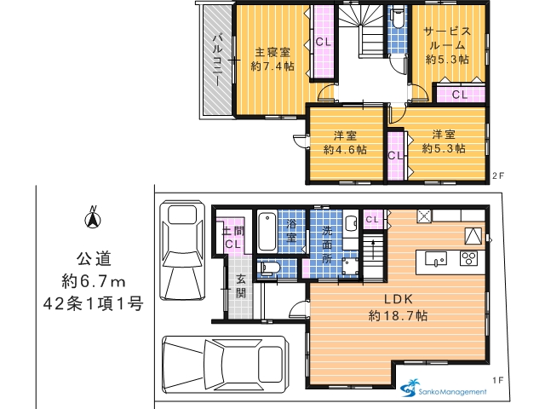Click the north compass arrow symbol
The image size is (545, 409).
pyautogui.click(x=93, y=218)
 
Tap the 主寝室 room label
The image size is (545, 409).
pyautogui.click(x=272, y=53)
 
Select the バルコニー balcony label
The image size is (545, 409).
pyautogui.click(x=218, y=60)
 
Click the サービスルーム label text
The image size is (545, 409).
pyautogui.click(x=447, y=38)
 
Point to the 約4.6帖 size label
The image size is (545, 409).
pyautogui.click(x=345, y=150)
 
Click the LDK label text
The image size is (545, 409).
pyautogui.click(x=399, y=299)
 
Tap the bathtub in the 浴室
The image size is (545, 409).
pyautogui.click(x=267, y=232)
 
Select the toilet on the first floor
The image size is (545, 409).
pyautogui.click(x=271, y=268)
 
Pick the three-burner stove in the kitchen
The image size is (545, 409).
pyautogui.click(x=468, y=258)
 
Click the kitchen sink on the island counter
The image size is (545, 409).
pyautogui.click(x=436, y=259)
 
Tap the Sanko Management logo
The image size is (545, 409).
pyautogui.click(x=444, y=389)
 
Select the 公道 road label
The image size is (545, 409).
pyautogui.click(x=94, y=259)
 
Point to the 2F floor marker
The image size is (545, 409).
pyautogui.click(x=497, y=176)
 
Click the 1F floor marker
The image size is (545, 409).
pyautogui.click(x=497, y=380)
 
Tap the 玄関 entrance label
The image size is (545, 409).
pyautogui.click(x=241, y=286)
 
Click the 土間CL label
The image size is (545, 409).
pyautogui.click(x=232, y=238)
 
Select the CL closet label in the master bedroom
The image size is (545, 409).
pyautogui.click(x=324, y=42)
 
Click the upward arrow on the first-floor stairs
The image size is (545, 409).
pyautogui.click(x=373, y=249)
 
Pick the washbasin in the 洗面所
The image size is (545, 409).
pyautogui.click(x=351, y=223)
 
